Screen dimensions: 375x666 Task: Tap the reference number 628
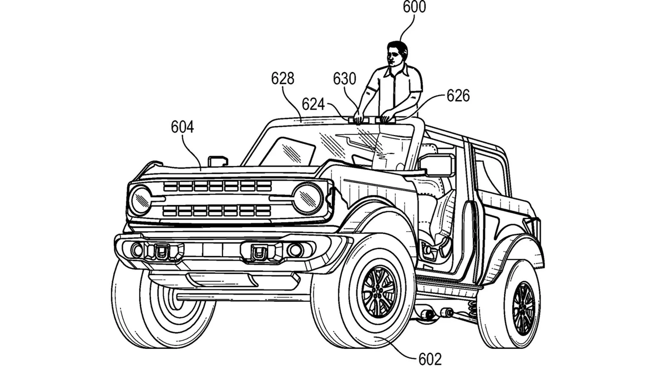point(282,78)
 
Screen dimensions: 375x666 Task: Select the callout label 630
point(344,79)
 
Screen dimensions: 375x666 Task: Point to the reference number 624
point(314,104)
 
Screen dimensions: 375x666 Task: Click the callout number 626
point(458,96)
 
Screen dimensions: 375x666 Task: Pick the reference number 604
point(182,127)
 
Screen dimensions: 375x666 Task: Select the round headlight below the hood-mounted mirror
point(140,201)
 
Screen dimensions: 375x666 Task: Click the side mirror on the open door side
point(437,166)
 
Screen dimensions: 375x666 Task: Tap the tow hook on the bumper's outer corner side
point(160,252)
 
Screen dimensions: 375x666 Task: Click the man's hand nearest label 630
point(359,117)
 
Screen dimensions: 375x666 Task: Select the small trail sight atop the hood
point(217,161)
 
